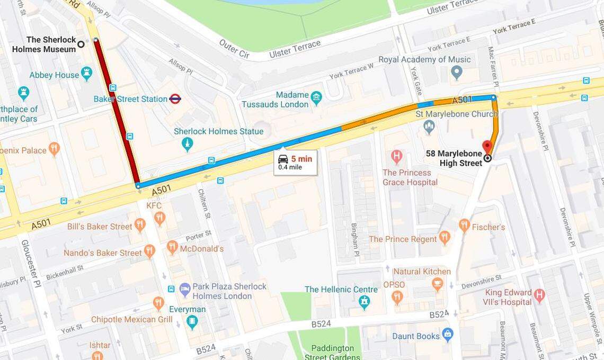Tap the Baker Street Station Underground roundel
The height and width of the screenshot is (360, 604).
coord(175,99)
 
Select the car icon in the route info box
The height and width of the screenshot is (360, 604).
coord(283,159)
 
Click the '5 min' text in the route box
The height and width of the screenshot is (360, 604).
coord(301,159)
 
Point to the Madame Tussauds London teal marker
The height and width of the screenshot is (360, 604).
coord(316,97)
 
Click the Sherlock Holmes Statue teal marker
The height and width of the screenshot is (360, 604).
coord(187,143)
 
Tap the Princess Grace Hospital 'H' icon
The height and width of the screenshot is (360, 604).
coord(396,157)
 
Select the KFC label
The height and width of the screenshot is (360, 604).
coord(154,205)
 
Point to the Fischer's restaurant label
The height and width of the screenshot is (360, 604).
coord(488,227)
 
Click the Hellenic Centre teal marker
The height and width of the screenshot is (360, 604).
coord(364,302)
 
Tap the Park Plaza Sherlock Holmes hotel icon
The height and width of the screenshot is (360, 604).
coord(184,289)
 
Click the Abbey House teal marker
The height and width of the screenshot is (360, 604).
coord(87,74)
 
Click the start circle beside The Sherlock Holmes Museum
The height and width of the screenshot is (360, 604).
coord(81,44)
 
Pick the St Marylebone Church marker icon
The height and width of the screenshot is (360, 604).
coord(429,127)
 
